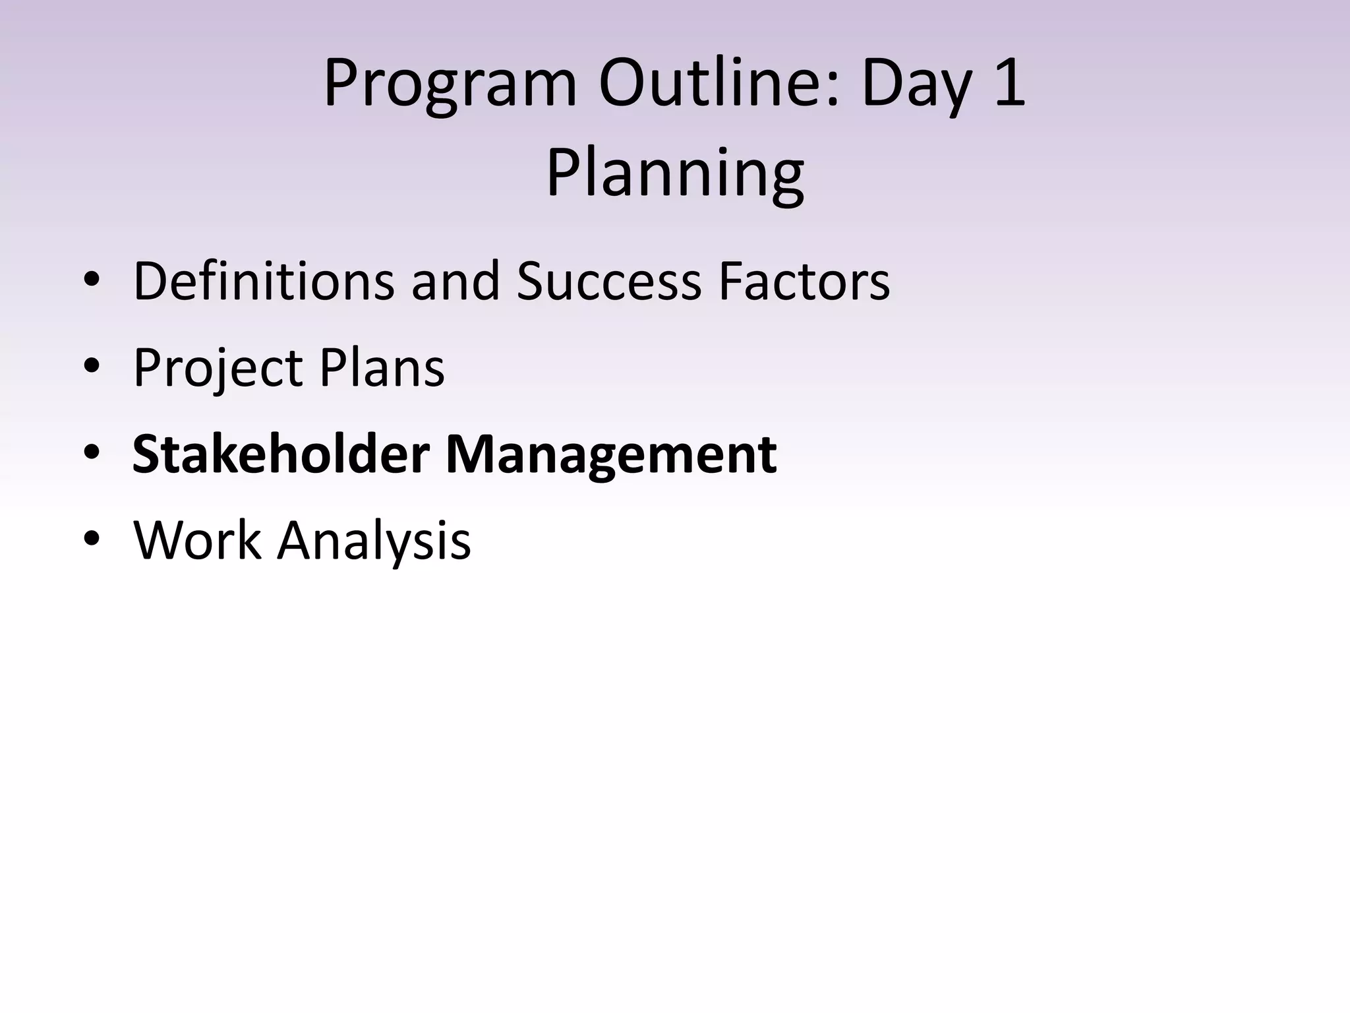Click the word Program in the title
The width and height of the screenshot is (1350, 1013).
450,84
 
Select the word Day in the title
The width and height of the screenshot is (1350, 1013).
916,84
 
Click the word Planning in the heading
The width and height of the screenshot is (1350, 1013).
674,173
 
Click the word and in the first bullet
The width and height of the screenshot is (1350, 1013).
455,281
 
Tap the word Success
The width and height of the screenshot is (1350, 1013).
608,281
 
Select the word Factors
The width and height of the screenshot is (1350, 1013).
804,281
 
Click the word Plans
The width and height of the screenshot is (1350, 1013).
382,367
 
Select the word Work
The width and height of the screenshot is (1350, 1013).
197,540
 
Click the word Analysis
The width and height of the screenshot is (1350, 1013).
374,540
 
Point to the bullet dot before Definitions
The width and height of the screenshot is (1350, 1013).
92,281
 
